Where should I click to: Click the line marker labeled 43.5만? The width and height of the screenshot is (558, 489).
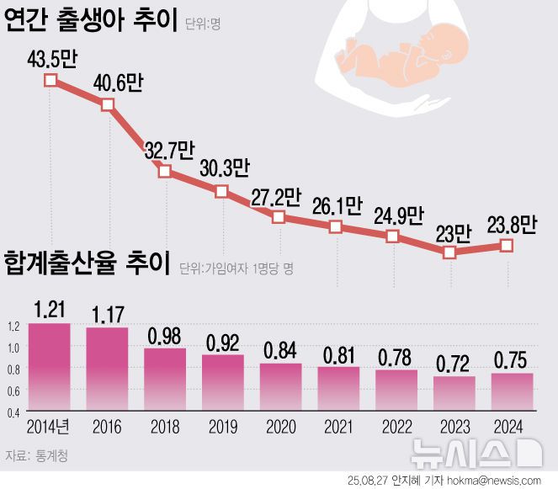click(50, 81)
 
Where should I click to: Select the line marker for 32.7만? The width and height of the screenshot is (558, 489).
click(165, 171)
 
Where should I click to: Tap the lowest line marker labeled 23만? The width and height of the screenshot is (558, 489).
click(449, 252)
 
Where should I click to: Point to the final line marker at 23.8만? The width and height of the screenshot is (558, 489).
click(507, 245)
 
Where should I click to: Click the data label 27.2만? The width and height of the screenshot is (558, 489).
click(275, 198)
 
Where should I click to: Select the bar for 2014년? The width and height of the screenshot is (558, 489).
click(50, 368)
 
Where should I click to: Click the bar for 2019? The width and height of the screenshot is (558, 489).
click(222, 383)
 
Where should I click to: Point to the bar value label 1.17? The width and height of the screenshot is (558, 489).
click(107, 315)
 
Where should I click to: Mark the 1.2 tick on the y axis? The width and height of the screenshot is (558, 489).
click(13, 326)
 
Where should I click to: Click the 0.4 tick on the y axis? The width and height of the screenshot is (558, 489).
click(13, 412)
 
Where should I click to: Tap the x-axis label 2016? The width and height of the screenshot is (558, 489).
click(107, 427)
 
